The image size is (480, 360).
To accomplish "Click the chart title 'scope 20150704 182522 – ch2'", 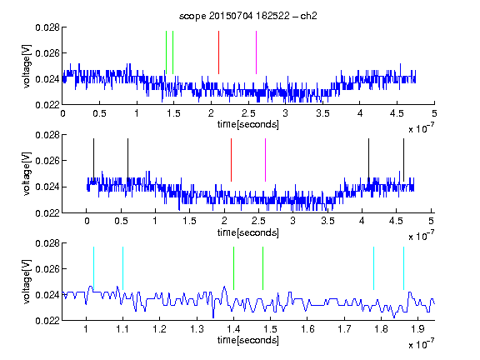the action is coord(248,16).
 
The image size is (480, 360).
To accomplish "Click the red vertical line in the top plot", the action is coord(218,52).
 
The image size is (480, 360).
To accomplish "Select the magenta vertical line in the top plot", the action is coord(256,52).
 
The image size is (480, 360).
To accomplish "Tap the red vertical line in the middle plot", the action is coord(231,160).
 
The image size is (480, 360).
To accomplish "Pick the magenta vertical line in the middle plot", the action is coord(265,160).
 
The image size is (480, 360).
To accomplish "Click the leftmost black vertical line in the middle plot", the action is coord(93,160).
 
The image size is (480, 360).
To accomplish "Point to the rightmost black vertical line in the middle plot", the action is coord(403,160).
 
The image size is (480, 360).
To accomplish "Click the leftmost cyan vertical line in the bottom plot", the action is coord(93,268).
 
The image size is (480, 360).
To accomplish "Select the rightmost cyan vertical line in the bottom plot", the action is coord(403,268).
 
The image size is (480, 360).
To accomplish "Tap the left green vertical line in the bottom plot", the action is coord(233,268).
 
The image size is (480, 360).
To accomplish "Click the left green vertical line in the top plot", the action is coord(166,52).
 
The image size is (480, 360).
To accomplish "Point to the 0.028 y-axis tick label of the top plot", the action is coord(47,27).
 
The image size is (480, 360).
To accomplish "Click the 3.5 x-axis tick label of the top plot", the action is coord(322,113).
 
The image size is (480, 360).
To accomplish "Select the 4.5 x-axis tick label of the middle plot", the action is coord(396,221).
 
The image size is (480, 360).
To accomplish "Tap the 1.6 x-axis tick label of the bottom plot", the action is coord(307,329).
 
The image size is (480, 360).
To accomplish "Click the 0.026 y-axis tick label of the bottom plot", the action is coord(47,269).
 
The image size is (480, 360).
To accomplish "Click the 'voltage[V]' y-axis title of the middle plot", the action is coord(27,174).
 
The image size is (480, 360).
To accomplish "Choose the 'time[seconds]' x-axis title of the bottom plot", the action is coord(248,340).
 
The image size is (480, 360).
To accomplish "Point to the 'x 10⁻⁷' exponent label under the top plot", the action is coord(421,128).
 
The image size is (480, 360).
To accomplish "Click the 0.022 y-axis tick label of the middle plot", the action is coord(47,213).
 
